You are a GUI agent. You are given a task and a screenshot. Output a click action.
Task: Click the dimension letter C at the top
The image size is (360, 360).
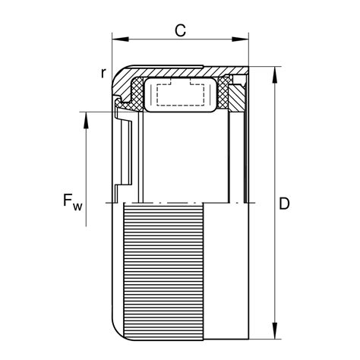click(181, 30)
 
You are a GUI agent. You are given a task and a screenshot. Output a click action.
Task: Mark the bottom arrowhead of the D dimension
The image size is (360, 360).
click(273, 336)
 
